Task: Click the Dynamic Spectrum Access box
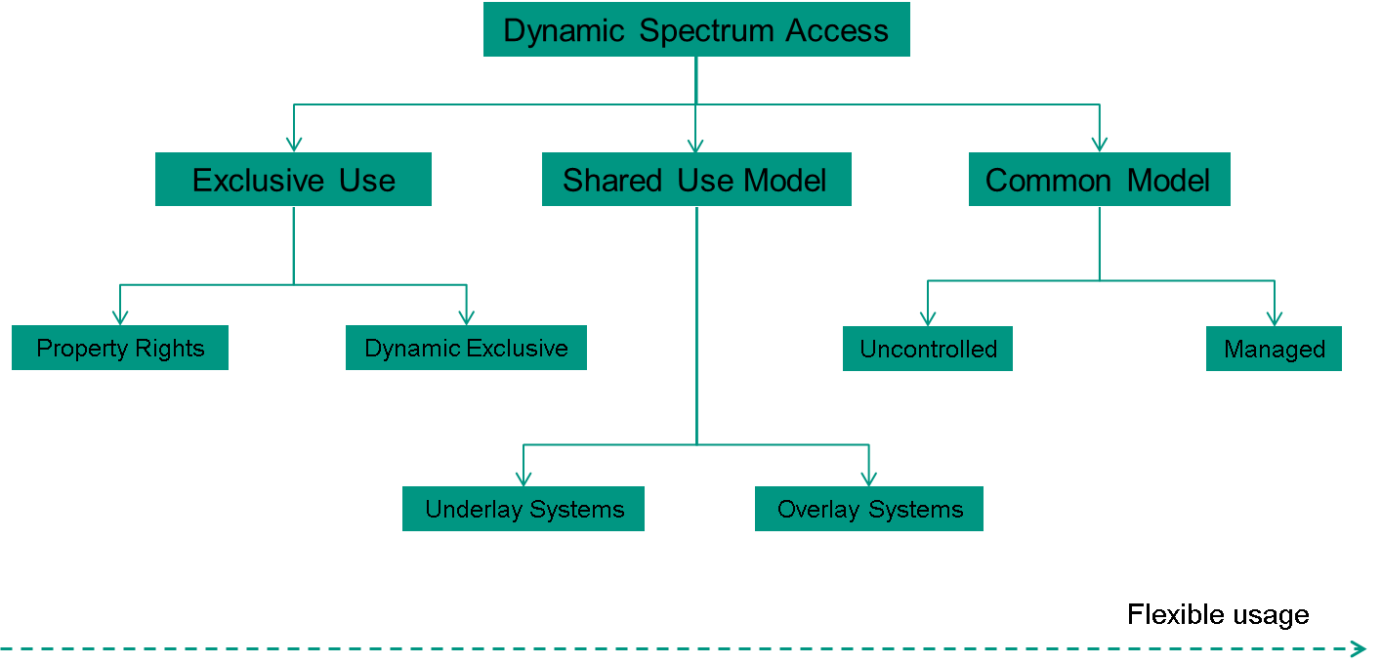(x=696, y=29)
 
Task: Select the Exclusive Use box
(x=293, y=180)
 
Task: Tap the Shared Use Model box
(x=696, y=180)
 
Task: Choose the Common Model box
(x=1099, y=180)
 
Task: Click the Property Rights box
(x=120, y=348)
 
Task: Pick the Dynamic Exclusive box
(x=466, y=348)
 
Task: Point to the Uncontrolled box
(x=928, y=349)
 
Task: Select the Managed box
(x=1275, y=349)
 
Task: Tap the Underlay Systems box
(x=523, y=509)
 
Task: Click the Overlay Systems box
(x=869, y=509)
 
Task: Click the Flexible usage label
(x=1218, y=614)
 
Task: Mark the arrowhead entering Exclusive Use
(x=293, y=145)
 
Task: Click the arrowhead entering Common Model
(x=1099, y=145)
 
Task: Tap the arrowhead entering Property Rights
(x=120, y=317)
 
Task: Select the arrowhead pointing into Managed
(x=1275, y=318)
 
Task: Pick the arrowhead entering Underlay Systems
(x=523, y=478)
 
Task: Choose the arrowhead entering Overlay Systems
(x=869, y=478)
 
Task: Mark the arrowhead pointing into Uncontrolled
(x=928, y=318)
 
